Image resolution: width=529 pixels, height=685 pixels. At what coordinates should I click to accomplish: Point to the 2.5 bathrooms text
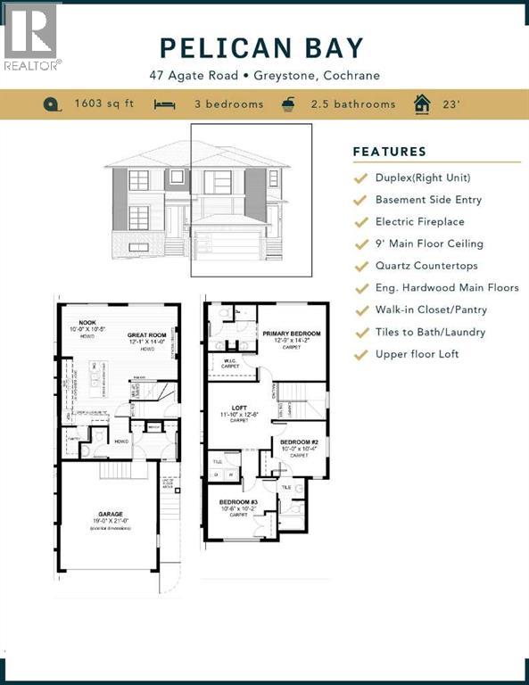pos(352,104)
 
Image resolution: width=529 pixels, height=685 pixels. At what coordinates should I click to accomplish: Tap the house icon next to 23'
pos(421,104)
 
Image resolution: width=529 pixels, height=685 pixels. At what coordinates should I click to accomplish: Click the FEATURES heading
pos(389,152)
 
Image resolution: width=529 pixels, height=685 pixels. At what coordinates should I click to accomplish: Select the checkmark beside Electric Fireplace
pos(360,222)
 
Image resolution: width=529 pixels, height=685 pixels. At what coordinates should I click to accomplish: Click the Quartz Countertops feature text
pos(426,266)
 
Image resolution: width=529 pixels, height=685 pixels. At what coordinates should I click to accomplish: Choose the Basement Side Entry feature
pos(428,200)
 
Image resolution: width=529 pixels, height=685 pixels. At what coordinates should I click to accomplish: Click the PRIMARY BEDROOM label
pos(292,334)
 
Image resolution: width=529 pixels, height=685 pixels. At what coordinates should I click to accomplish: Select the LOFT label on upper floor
pos(237,406)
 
